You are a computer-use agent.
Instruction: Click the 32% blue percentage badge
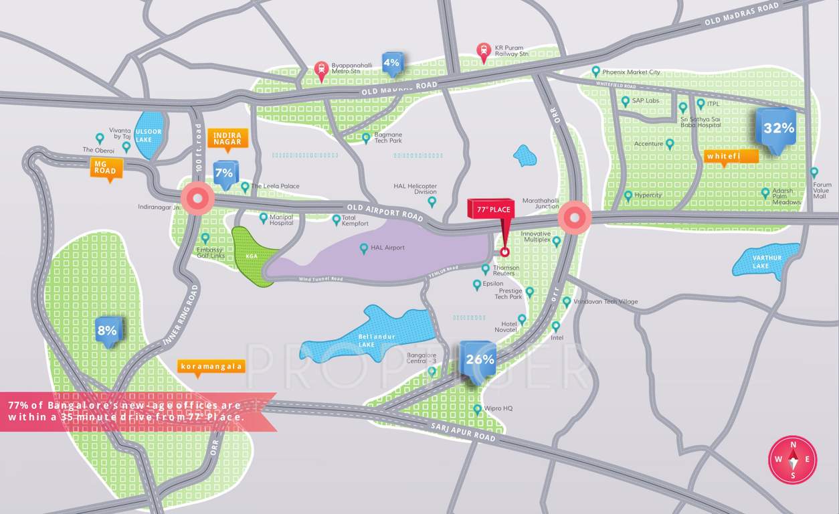[778, 128]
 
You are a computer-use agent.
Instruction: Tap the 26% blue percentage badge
[479, 359]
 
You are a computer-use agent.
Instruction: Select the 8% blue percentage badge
[107, 330]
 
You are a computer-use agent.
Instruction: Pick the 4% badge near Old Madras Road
[391, 63]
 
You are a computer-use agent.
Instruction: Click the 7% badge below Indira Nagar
[224, 173]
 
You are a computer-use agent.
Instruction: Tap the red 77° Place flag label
[493, 209]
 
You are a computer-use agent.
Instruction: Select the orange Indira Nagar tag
[227, 138]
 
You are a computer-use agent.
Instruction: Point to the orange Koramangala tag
[211, 367]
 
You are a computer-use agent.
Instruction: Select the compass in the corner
[793, 459]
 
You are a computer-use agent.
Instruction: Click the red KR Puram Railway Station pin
[483, 51]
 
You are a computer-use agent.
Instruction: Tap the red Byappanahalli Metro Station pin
[321, 70]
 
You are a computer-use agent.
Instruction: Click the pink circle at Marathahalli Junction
[574, 218]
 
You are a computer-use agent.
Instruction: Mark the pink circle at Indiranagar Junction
[197, 199]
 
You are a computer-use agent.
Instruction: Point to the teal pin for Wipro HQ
[477, 408]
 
